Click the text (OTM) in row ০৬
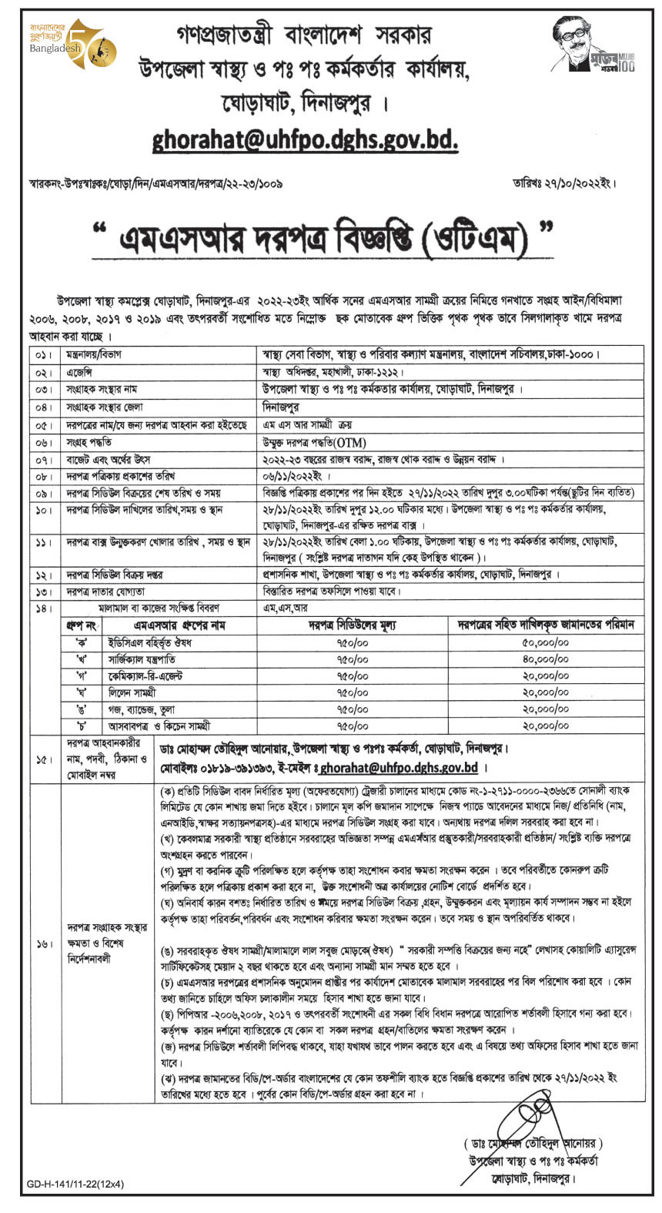pos(349,442)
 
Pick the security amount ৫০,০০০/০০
pos(545,642)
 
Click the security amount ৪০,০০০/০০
pos(545,659)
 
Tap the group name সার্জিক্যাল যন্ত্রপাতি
pos(142,659)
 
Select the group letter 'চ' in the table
pos(80,725)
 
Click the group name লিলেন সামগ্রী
pos(132,692)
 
